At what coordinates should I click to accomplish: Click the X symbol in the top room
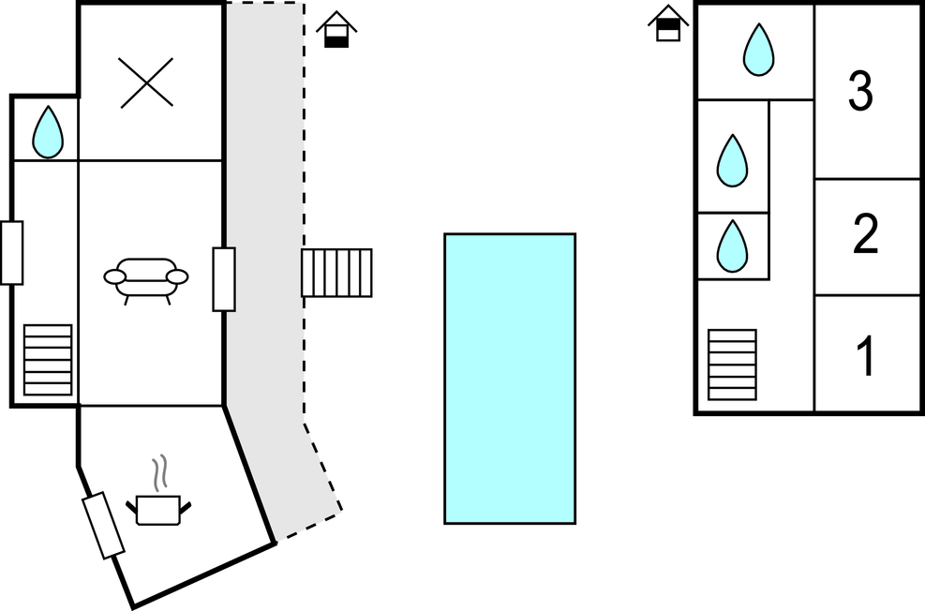(147, 82)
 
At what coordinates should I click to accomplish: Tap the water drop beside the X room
(47, 132)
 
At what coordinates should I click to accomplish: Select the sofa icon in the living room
(146, 278)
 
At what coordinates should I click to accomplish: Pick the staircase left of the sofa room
(48, 359)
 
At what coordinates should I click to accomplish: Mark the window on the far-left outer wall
(11, 252)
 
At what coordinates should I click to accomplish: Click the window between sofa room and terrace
(223, 278)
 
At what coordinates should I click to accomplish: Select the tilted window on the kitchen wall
(103, 525)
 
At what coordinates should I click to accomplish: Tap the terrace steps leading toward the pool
(336, 273)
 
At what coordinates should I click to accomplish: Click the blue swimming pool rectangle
(509, 378)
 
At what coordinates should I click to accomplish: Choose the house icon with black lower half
(335, 30)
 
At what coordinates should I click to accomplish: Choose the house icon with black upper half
(666, 22)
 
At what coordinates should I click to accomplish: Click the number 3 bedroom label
(860, 92)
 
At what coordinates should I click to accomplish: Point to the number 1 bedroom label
(866, 356)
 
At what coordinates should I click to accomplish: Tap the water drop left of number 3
(758, 50)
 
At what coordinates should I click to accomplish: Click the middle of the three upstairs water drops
(732, 160)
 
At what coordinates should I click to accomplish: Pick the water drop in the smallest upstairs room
(732, 246)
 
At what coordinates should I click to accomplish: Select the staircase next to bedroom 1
(732, 365)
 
